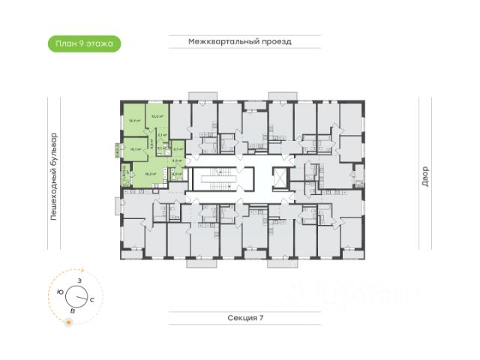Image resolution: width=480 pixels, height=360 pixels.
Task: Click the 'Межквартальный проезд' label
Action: tap(239, 43)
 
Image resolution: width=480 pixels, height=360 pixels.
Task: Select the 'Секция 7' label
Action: tap(245, 318)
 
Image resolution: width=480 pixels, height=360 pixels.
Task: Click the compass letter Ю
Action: tap(60, 291)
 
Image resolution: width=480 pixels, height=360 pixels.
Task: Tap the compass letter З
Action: tap(79, 279)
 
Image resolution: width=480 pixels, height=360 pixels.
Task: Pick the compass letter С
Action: tap(91, 299)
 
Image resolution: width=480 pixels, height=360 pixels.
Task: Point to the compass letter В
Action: tap(72, 309)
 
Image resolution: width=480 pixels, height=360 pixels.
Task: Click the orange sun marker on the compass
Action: tap(68, 322)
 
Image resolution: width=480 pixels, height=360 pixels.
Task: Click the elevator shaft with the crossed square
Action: tap(279, 178)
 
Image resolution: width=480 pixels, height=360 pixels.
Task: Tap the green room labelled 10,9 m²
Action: tap(133, 119)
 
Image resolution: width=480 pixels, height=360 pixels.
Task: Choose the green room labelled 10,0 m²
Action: tap(157, 116)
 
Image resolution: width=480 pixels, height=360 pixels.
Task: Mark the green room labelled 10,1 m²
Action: tap(136, 148)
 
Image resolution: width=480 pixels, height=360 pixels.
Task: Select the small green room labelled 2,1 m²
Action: tap(162, 135)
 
